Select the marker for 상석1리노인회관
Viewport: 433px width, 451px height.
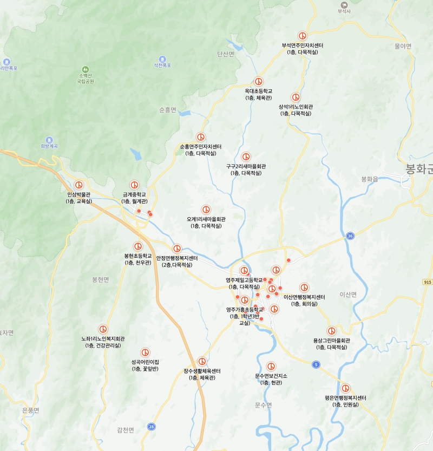click(296, 97)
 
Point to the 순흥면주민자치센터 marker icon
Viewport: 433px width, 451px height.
click(201, 137)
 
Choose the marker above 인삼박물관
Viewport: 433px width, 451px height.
click(79, 185)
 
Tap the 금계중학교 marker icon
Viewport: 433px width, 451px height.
click(134, 185)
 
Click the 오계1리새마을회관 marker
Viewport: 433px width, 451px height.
click(206, 210)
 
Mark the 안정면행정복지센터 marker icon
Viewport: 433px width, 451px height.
click(177, 249)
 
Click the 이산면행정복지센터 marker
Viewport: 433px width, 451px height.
click(304, 287)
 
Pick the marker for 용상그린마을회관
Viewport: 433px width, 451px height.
click(331, 331)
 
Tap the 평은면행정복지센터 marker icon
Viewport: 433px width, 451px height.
click(345, 388)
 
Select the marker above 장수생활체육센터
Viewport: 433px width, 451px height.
click(202, 361)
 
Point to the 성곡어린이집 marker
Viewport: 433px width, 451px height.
click(145, 352)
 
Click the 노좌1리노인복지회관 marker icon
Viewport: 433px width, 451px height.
click(103, 329)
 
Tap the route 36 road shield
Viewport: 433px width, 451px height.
click(351, 236)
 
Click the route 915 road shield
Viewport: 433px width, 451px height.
click(428, 282)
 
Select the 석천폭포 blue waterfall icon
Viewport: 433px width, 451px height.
click(162, 58)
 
